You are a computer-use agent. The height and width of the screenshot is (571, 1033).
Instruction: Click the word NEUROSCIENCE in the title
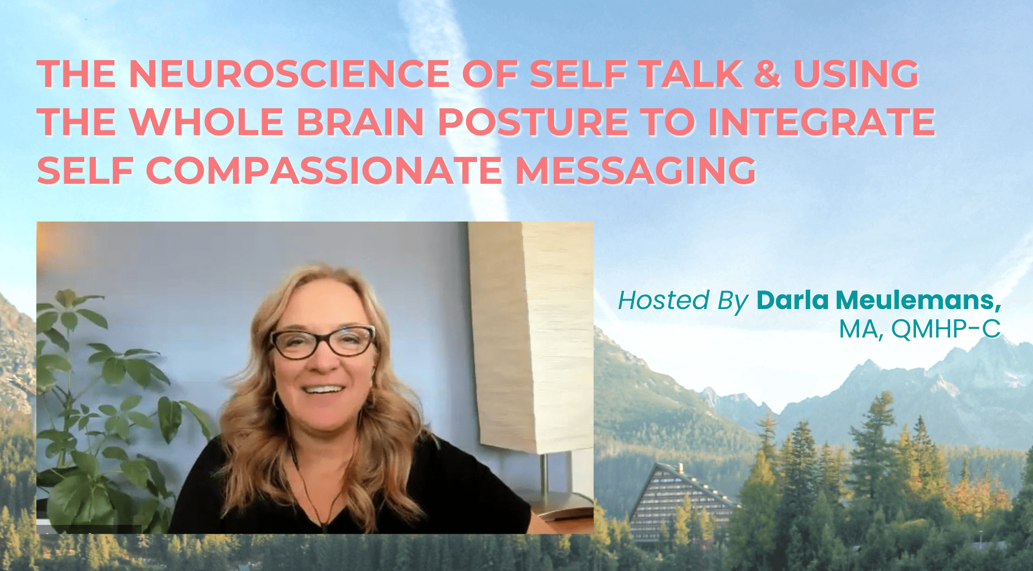[x=289, y=74]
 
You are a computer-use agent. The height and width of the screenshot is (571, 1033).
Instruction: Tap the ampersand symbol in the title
[x=767, y=74]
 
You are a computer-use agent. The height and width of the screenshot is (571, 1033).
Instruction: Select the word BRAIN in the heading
[x=361, y=122]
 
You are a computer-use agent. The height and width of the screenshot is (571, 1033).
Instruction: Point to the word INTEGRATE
[x=822, y=122]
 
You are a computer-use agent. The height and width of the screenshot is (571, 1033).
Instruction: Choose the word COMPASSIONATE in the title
[x=324, y=170]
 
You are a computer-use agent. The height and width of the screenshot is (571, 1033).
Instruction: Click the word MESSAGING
[x=636, y=170]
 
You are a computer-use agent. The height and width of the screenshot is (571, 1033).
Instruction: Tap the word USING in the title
[x=856, y=74]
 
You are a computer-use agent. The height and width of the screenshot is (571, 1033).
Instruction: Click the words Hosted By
[x=683, y=300]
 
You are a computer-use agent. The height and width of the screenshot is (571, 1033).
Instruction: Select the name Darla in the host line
[x=793, y=300]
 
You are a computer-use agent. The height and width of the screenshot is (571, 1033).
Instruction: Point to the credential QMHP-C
[x=946, y=329]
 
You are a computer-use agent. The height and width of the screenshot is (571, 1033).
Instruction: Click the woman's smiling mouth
[x=323, y=389]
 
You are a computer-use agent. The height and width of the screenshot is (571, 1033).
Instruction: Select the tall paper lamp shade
[x=531, y=336]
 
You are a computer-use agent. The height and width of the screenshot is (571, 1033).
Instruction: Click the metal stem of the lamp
[x=545, y=474]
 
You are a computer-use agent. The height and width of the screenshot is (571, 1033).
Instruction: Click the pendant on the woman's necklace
[x=325, y=527]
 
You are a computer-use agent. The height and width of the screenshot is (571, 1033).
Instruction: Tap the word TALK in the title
[x=691, y=74]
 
